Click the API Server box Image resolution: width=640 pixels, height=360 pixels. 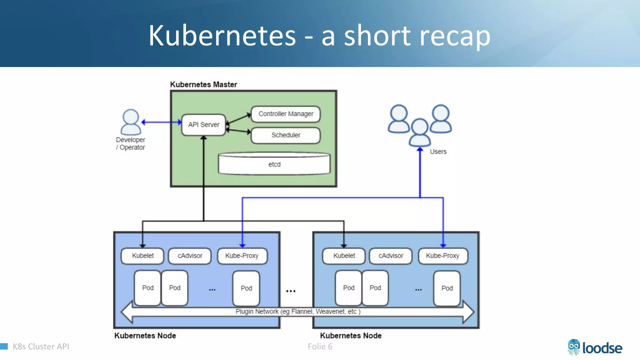tap(203, 125)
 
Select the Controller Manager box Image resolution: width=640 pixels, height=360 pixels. tap(286, 114)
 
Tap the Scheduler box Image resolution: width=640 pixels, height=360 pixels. tap(286, 135)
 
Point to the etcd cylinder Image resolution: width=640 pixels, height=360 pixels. tap(274, 164)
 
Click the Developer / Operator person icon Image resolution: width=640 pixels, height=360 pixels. tap(131, 122)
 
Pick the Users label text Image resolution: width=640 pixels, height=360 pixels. tap(438, 152)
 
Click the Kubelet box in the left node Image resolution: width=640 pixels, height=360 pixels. tap(142, 256)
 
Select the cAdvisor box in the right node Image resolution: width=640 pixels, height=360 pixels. tap(391, 256)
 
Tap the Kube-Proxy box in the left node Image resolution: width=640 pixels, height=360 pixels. tap(242, 256)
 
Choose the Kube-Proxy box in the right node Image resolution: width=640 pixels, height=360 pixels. tap(442, 256)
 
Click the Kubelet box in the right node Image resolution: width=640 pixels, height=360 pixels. tap(344, 256)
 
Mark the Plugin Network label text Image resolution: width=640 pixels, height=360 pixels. tap(298, 312)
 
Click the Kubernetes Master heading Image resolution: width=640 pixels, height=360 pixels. tap(203, 84)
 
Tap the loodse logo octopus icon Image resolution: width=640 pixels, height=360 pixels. tap(574, 347)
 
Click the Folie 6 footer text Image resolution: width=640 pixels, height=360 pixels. tap(320, 347)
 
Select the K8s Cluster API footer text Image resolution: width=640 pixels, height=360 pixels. tap(41, 347)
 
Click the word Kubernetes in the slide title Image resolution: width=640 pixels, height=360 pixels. tap(222, 36)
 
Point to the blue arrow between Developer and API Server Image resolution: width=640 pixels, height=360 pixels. tap(161, 122)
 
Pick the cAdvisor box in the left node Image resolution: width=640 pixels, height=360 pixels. tap(190, 256)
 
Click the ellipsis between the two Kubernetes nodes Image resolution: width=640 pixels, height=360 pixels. tap(291, 291)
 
